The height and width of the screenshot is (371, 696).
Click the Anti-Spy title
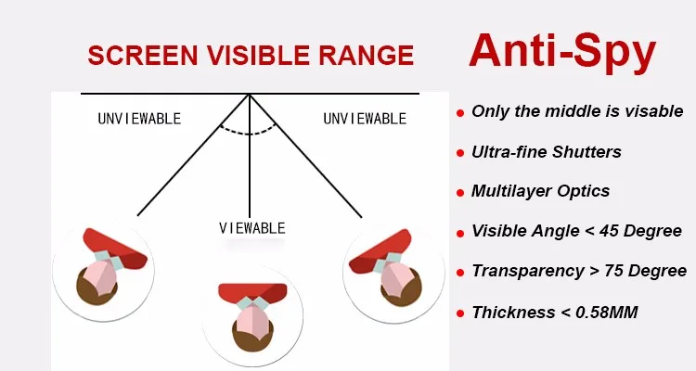[x=562, y=53]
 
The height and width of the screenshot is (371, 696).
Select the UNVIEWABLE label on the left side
[x=139, y=119]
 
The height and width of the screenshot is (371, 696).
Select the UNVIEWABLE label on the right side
[x=365, y=119]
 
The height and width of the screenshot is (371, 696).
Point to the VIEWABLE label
[x=252, y=228]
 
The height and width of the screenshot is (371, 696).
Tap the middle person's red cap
[x=252, y=292]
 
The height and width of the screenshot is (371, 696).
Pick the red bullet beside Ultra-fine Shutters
[x=460, y=154]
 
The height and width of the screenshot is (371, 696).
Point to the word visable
[x=654, y=111]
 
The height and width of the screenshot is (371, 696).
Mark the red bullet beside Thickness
[x=460, y=313]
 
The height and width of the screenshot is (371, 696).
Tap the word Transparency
[x=528, y=271]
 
